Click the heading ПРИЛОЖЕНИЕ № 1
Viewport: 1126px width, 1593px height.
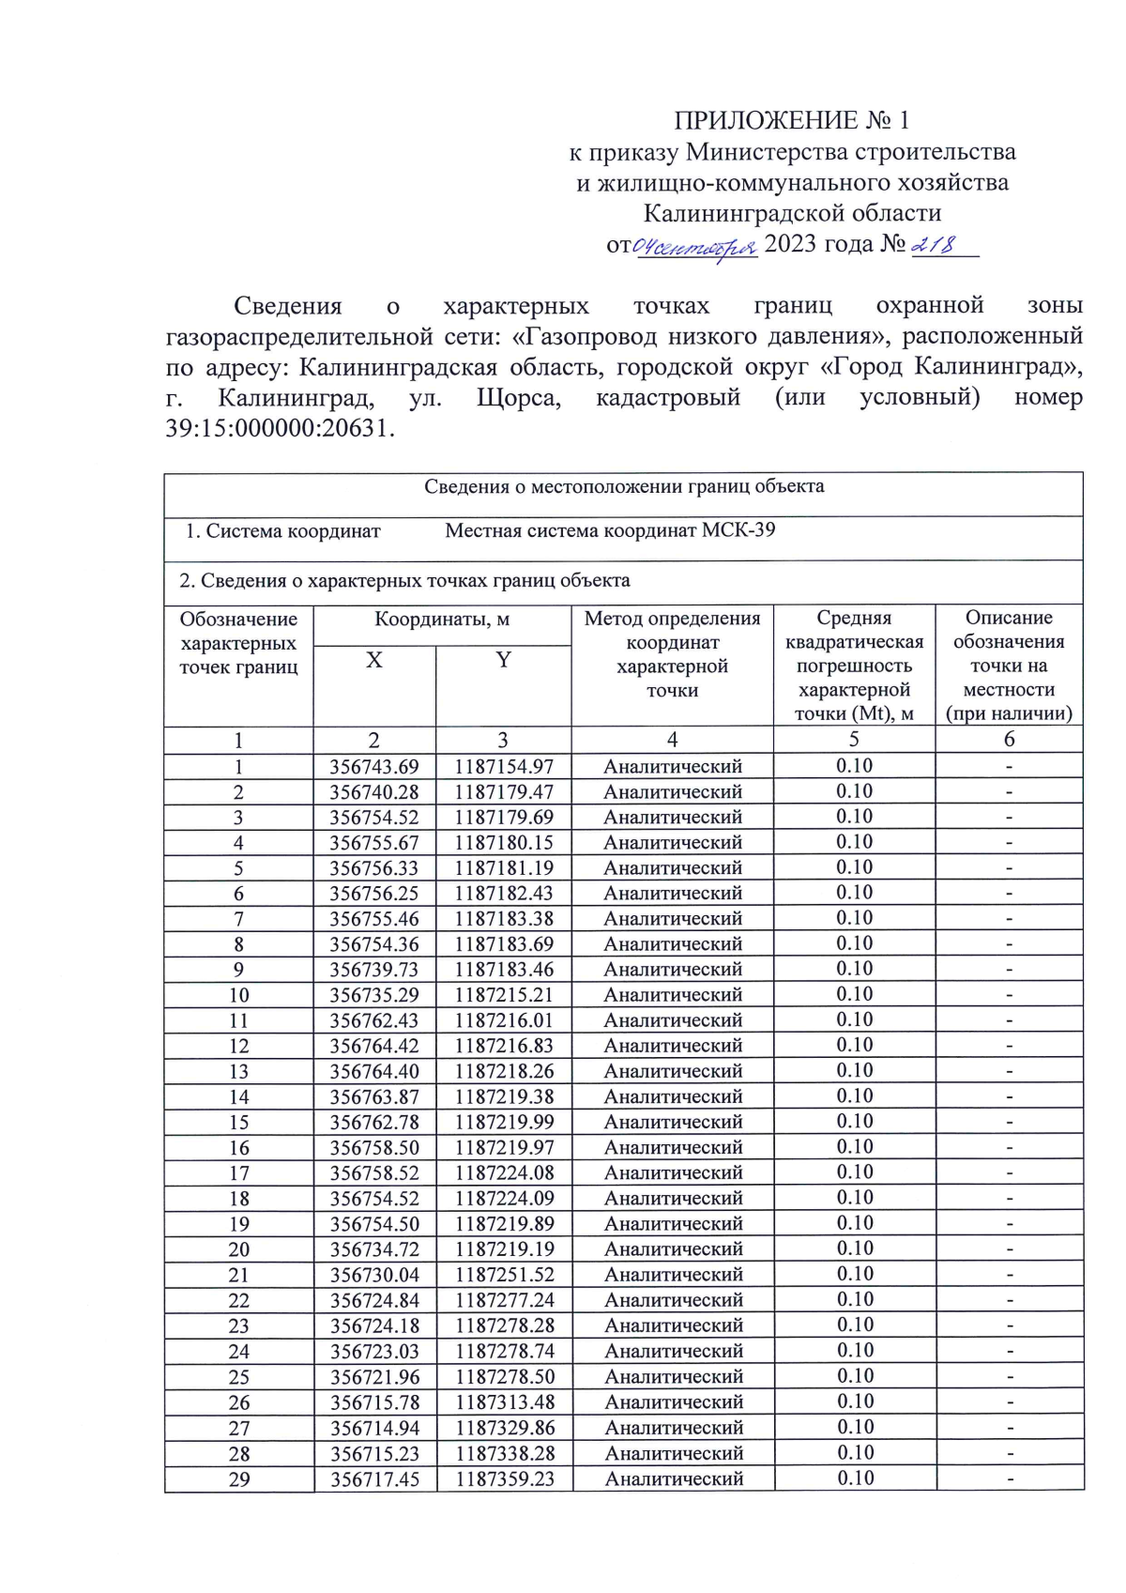(791, 120)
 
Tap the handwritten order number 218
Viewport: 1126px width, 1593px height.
(935, 245)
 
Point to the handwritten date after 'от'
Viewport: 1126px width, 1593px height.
(695, 248)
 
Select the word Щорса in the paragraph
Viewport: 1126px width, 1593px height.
(518, 398)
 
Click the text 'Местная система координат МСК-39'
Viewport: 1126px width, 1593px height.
(610, 530)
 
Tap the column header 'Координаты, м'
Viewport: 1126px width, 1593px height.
(442, 620)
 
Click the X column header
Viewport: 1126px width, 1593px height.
(374, 661)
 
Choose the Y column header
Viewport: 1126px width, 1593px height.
(503, 661)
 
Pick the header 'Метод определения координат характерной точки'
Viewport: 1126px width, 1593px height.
(672, 654)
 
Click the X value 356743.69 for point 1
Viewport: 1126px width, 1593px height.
(374, 767)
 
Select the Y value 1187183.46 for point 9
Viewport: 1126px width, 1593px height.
(504, 970)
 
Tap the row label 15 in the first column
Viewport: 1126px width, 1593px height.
(238, 1123)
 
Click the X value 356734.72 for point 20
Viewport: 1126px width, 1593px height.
(374, 1249)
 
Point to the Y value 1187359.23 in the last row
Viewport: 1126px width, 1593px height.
(505, 1479)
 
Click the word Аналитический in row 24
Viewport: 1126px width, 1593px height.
(673, 1352)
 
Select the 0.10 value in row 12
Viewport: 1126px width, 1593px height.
(854, 1045)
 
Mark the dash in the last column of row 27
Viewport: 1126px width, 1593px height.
(1010, 1428)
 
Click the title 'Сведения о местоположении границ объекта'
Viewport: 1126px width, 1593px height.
(624, 486)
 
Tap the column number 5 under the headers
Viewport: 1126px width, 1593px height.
(854, 740)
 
